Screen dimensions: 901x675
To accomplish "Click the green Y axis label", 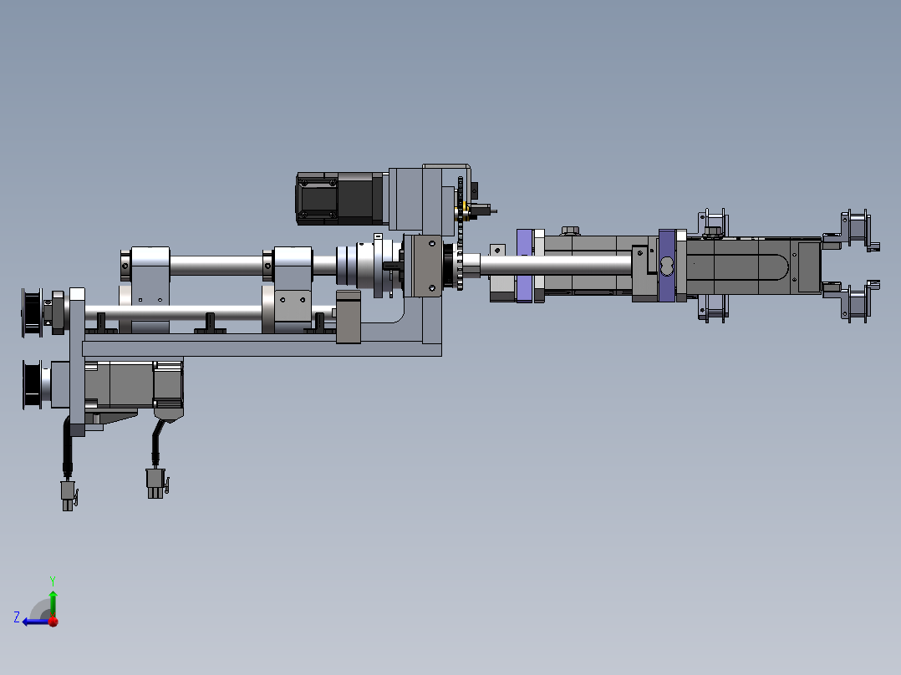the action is click(53, 581).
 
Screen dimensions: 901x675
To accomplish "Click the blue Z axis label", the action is click(17, 617).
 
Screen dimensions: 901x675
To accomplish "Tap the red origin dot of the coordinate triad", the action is click(53, 622).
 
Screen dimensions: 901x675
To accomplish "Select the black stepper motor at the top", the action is click(340, 199).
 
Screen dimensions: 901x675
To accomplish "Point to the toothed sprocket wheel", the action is click(460, 233).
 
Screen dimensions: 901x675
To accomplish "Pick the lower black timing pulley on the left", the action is click(32, 385).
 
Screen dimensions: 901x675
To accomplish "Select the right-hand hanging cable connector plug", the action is click(156, 483).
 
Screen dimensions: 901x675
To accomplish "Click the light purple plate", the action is click(524, 266).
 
